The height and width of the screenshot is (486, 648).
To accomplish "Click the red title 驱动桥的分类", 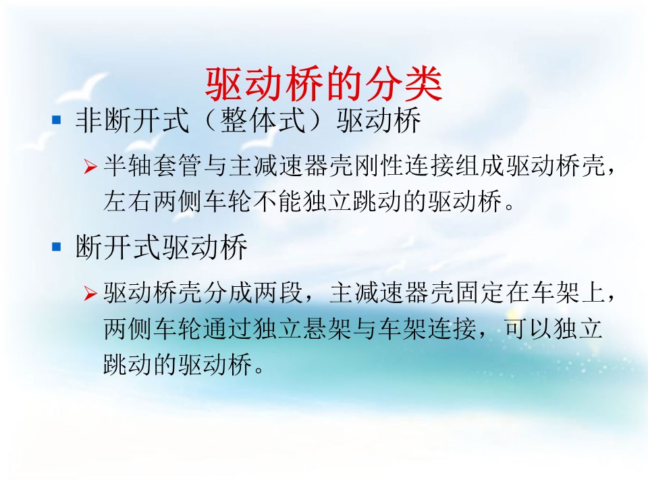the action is click(324, 84).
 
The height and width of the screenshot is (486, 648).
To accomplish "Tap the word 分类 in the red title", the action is click(404, 84).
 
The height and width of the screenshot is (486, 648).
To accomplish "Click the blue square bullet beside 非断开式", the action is click(56, 120).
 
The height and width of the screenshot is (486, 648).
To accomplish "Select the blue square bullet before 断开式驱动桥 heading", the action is click(56, 247).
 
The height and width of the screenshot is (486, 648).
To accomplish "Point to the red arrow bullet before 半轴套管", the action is click(90, 166).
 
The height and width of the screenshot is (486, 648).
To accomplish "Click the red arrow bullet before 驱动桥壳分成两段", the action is click(90, 293).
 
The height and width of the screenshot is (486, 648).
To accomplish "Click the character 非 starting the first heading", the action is click(89, 120).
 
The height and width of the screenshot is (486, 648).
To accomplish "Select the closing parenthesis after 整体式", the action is click(318, 120).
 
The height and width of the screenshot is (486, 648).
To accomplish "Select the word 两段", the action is click(277, 292).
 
